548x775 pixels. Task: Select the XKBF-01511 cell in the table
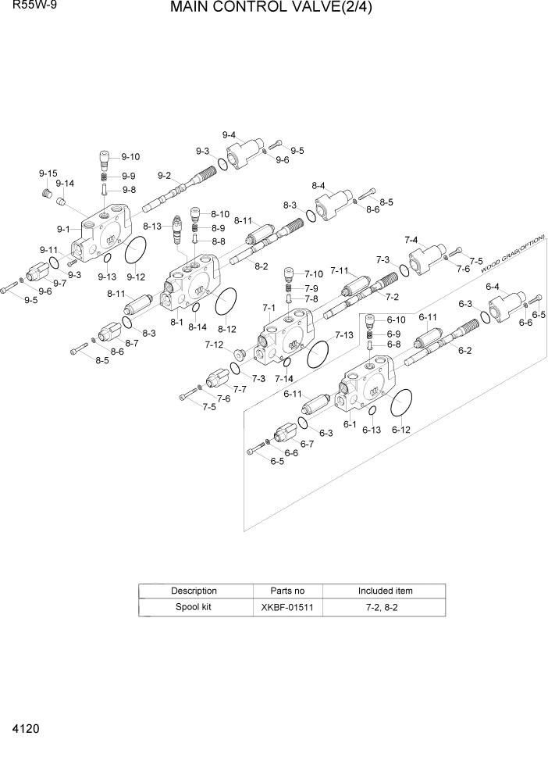[x=287, y=607]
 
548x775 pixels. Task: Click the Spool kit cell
[x=194, y=607]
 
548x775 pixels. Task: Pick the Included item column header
[x=385, y=591]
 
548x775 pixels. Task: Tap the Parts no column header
[x=287, y=591]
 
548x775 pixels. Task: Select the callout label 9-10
[x=130, y=156]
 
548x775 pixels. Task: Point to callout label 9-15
[x=48, y=173]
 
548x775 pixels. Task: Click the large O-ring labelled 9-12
[x=136, y=252]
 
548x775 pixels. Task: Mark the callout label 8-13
[x=152, y=226]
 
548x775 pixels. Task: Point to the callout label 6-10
[x=396, y=320]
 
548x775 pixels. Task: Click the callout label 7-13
[x=343, y=334]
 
